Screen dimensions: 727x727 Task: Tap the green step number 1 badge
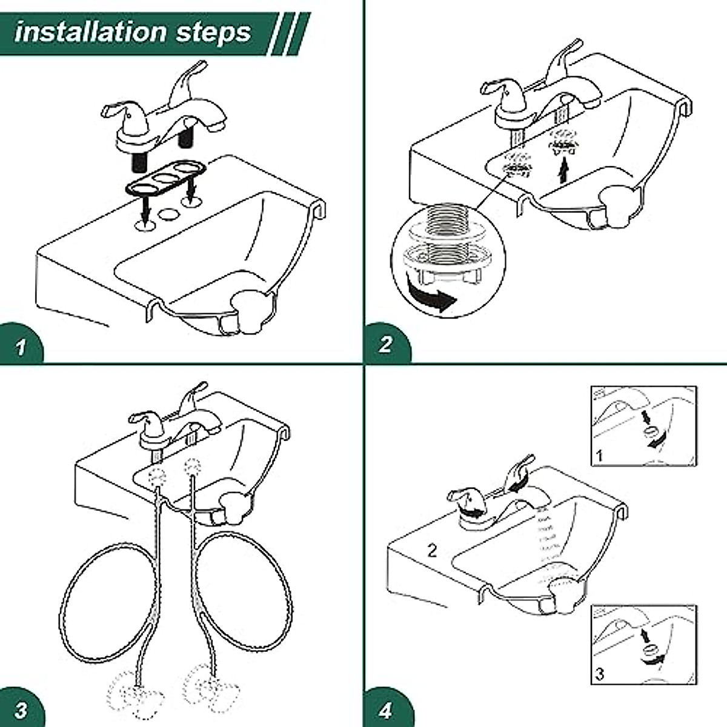[22, 347]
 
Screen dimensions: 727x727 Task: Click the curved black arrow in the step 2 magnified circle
[432, 297]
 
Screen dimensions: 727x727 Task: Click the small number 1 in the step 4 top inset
[599, 455]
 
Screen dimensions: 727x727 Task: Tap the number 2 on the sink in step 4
[431, 551]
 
